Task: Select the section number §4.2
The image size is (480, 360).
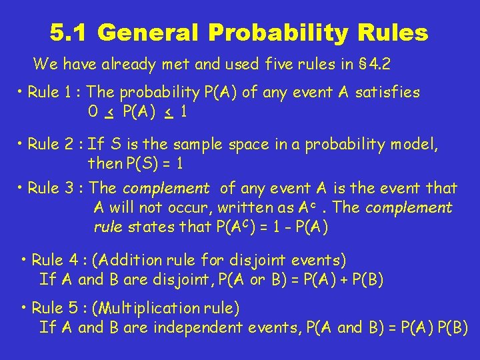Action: pos(378,65)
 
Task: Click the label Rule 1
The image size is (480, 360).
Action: pos(55,93)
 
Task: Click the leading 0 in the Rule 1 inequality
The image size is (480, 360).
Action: pos(92,113)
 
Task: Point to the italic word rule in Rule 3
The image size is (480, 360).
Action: pos(107,227)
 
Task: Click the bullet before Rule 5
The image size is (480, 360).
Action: pos(24,307)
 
